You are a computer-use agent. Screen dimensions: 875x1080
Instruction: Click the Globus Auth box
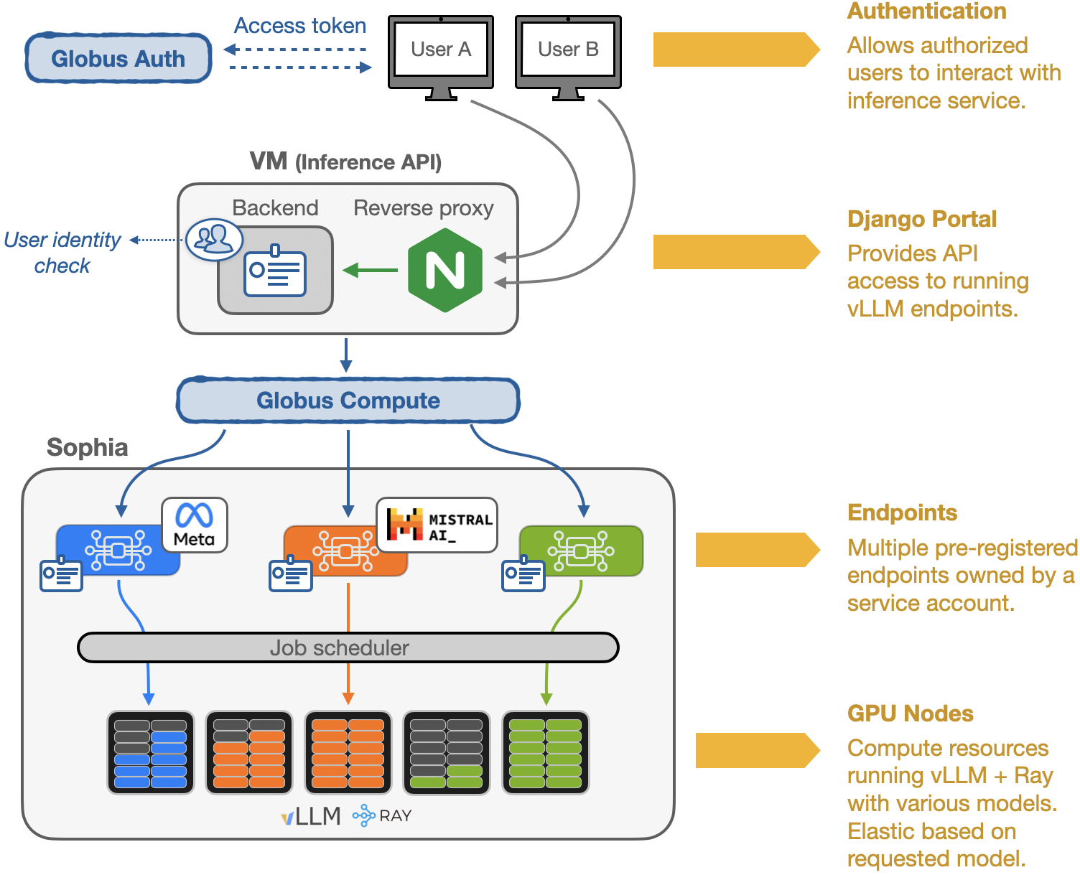[x=118, y=58]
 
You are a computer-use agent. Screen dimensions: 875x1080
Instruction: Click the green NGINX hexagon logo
[x=445, y=271]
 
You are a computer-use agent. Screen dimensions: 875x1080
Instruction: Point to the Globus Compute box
[x=348, y=401]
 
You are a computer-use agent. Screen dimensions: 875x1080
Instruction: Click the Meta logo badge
[x=194, y=525]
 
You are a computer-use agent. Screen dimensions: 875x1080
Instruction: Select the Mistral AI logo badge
[x=437, y=525]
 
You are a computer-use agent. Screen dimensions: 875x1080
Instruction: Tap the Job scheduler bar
[x=348, y=647]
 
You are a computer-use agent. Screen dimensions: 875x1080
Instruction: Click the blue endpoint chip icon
[x=118, y=551]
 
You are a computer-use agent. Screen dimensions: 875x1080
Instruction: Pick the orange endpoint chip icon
[x=345, y=551]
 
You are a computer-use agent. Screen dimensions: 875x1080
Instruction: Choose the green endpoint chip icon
[x=581, y=551]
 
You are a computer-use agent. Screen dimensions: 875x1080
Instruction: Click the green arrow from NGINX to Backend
[x=371, y=271]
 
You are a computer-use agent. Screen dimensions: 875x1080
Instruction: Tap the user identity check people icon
[x=214, y=238]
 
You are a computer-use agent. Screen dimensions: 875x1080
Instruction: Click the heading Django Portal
[x=922, y=219]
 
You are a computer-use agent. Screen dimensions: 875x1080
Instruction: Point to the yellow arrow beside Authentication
[x=736, y=50]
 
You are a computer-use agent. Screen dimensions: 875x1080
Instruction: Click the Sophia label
[x=88, y=447]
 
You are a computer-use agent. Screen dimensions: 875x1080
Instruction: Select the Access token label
[x=300, y=26]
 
